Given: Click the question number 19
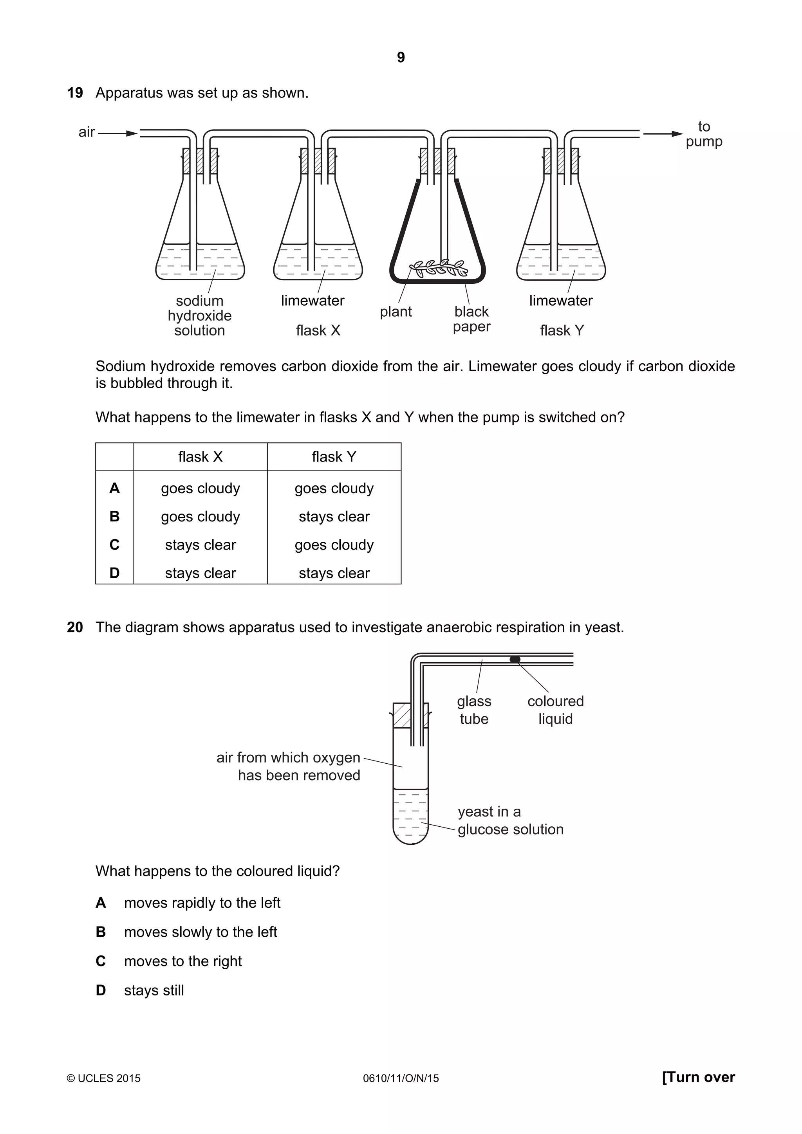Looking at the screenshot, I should [75, 93].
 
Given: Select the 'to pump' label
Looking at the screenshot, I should [704, 134].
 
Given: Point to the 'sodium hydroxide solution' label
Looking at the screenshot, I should [200, 316].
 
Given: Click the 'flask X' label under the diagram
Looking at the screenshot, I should [318, 330].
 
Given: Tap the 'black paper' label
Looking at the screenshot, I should [471, 319].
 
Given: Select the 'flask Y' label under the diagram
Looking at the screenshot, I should [562, 330].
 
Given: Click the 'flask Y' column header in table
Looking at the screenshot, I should [334, 457].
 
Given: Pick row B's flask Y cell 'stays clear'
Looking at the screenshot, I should [334, 517].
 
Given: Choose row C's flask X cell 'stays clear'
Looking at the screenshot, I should [200, 545].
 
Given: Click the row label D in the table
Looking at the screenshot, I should [114, 573].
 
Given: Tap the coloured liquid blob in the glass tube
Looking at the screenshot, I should [515, 659].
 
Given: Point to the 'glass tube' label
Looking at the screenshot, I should [474, 710].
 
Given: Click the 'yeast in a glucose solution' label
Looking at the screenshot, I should [510, 820].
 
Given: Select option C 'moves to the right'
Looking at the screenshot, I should [183, 961].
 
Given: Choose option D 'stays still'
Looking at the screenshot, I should [154, 990].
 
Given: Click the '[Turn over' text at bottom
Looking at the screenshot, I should [698, 1077].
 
